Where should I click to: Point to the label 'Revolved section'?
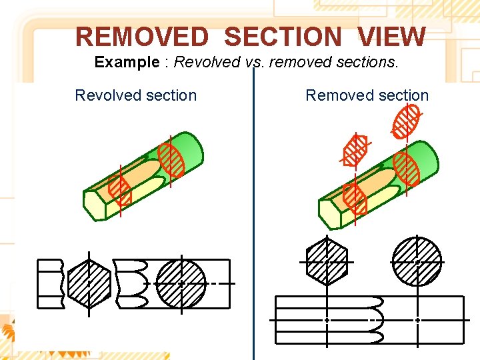tap(136, 95)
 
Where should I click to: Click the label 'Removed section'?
tap(367, 95)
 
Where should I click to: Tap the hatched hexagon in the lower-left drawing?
tap(89, 282)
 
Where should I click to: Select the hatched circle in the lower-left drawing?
tap(181, 283)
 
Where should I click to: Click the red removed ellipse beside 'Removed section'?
tap(407, 121)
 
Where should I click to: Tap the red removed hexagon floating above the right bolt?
tap(355, 149)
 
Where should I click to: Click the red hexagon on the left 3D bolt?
tap(121, 190)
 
